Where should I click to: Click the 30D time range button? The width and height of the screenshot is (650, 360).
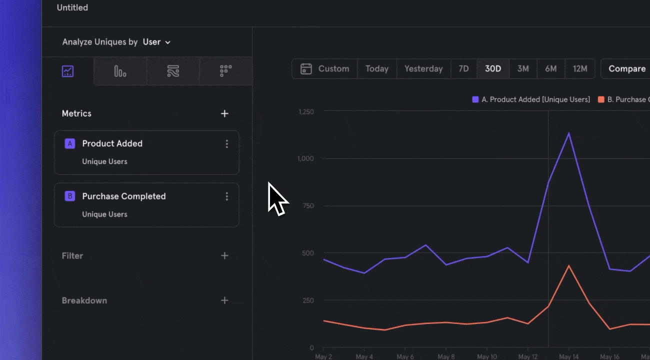pos(493,69)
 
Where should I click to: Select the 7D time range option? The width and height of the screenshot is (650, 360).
pos(463,69)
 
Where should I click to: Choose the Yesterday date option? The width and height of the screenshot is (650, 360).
pos(423,69)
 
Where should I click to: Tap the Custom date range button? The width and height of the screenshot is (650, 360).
pos(325,69)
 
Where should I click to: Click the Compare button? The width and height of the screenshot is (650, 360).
pos(626,69)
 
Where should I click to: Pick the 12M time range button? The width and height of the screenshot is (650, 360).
pos(580,69)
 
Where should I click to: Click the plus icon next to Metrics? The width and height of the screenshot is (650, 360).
pos(224,114)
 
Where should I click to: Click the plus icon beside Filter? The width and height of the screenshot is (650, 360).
pos(224,256)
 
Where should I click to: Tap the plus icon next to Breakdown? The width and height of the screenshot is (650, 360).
pos(224,300)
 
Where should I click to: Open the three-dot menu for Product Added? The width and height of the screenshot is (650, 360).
pos(227,144)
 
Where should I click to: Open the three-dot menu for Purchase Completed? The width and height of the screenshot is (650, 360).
pos(227,196)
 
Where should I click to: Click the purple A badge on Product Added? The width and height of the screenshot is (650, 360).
pos(70,144)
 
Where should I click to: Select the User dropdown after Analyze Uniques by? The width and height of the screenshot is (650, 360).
pos(156,42)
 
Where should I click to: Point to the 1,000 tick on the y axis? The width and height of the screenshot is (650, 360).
pos(305,158)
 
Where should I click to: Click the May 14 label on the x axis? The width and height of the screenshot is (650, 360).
pos(568,356)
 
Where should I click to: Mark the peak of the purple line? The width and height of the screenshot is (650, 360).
pos(568,133)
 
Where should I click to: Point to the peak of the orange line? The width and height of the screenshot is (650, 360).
pos(568,265)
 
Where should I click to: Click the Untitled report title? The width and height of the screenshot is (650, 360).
pos(72,8)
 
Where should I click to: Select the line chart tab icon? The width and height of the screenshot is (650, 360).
pos(68,71)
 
